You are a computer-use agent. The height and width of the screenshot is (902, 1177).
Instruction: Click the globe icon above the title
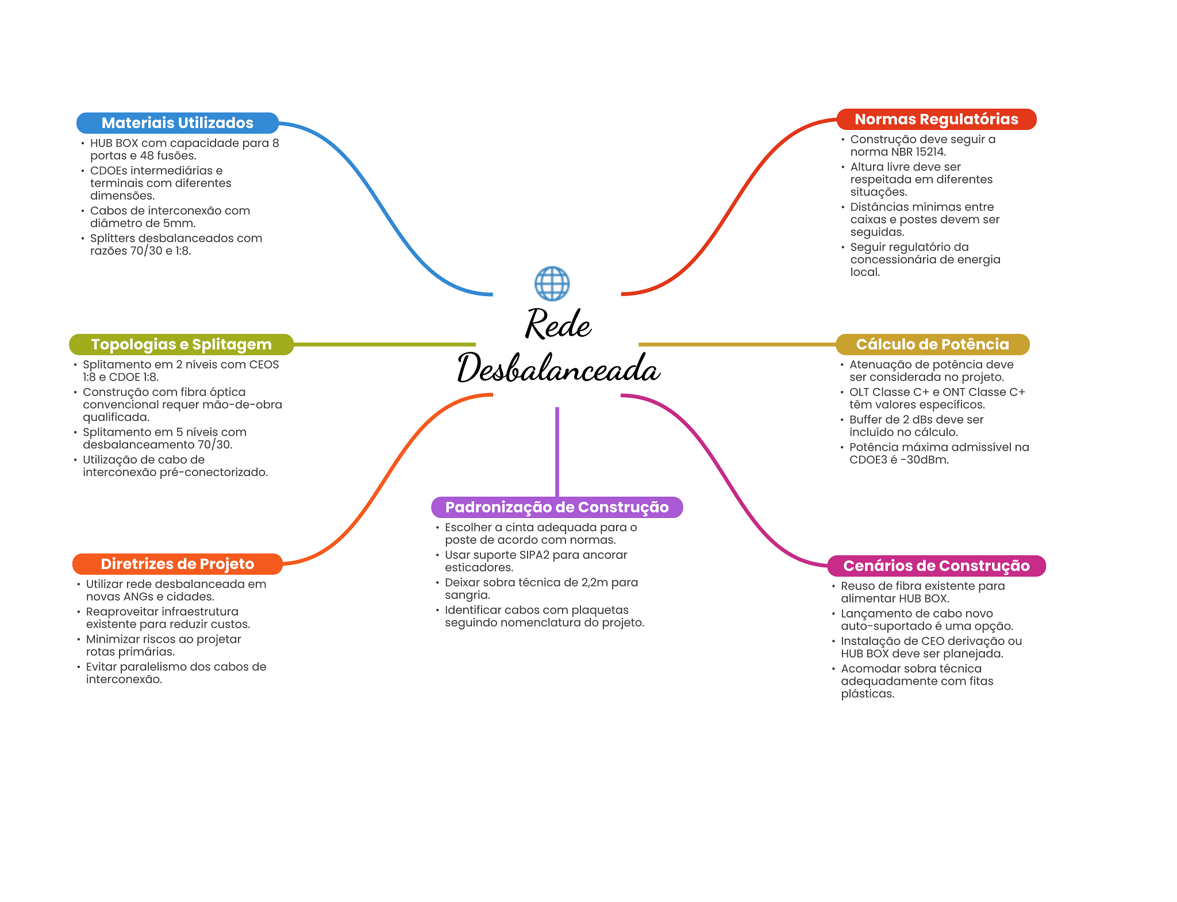552,283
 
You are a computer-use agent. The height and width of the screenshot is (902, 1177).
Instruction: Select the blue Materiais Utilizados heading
177,123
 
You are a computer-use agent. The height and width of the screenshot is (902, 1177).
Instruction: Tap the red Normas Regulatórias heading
936,119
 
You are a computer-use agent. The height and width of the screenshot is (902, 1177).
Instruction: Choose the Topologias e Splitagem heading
181,344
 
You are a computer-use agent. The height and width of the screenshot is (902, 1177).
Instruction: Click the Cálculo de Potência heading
932,344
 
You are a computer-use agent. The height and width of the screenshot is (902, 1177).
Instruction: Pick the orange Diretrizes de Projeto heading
177,564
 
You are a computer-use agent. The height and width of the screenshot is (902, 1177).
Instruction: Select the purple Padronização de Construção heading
556,507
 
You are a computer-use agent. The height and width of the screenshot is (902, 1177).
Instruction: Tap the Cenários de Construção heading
936,566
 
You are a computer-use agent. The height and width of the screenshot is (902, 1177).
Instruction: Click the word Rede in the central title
558,324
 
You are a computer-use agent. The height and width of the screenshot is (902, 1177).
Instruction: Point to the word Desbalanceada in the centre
558,368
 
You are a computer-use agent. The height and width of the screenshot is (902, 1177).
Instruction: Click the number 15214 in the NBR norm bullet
930,152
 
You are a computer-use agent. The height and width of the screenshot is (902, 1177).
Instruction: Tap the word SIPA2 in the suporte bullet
534,555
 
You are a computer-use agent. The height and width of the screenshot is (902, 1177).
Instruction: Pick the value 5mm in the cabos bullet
179,223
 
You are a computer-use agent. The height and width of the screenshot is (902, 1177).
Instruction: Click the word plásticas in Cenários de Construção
867,694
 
